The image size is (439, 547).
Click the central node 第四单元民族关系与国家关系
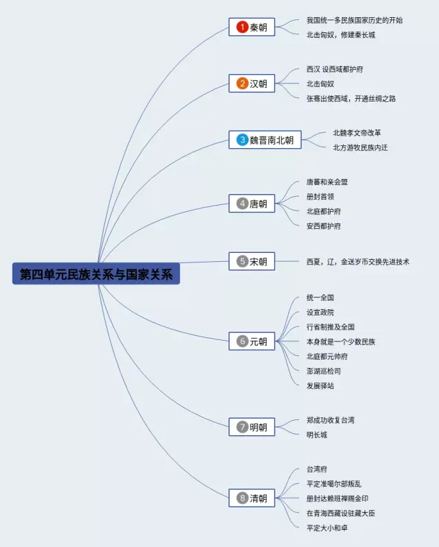(x=96, y=274)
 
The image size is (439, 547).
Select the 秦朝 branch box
(x=252, y=27)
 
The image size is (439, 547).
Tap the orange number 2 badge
(x=242, y=84)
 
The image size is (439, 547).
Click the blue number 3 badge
(x=242, y=140)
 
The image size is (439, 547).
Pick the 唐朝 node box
(x=252, y=204)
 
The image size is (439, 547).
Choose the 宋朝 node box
(x=252, y=261)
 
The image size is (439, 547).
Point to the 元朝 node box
(x=252, y=341)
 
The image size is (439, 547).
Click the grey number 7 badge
(x=242, y=427)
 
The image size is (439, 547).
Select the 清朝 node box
(x=252, y=498)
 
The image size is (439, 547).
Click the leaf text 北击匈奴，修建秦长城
(x=341, y=35)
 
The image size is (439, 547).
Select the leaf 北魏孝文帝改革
(x=357, y=133)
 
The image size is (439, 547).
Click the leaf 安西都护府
(x=324, y=226)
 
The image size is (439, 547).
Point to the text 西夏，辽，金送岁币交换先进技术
(x=358, y=262)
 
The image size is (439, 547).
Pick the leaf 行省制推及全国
(x=331, y=327)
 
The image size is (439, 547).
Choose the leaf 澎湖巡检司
(x=324, y=371)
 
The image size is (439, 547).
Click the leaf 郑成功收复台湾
(x=331, y=420)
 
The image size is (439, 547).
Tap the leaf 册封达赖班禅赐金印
(x=337, y=498)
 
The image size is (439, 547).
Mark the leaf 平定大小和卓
(x=327, y=527)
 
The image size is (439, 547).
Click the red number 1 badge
(x=242, y=27)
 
